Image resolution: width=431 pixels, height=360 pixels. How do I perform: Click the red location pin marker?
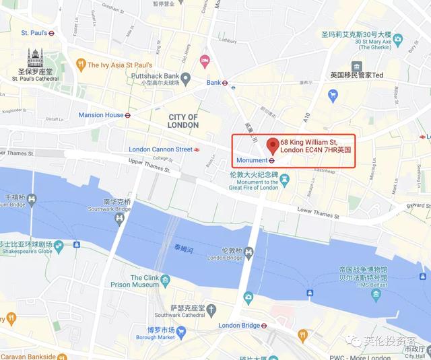coord(272,145)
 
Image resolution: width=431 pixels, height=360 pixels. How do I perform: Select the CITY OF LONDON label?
coord(183,120)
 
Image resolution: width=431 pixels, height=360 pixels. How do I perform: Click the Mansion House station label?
coord(101,115)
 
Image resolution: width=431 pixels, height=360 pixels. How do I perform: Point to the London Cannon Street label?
coord(161,149)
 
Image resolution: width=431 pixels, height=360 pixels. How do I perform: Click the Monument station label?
coord(252,161)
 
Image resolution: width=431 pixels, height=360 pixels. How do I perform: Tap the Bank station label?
coord(213,83)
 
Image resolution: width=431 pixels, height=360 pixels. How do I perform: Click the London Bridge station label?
coord(241,326)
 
